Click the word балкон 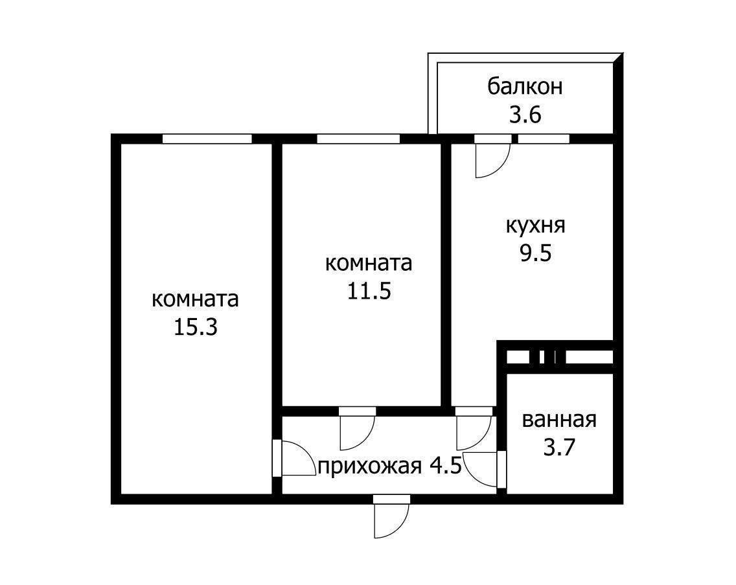click(525, 86)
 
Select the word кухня click(535, 225)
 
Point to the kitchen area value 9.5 click(535, 253)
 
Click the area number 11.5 click(369, 292)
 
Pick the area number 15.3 click(195, 327)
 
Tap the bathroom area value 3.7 click(559, 448)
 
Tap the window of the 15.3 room click(207, 139)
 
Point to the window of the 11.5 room click(358, 139)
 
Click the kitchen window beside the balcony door click(544, 139)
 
